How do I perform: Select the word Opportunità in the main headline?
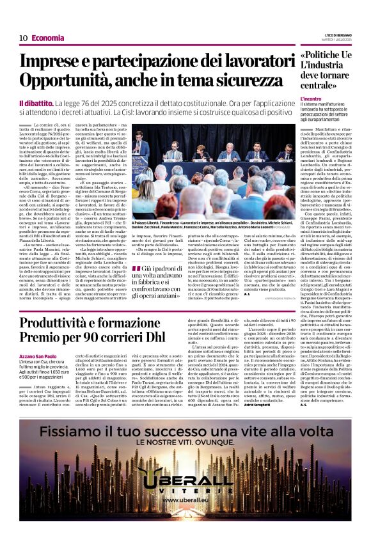[67, 81]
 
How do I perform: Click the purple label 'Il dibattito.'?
[35, 103]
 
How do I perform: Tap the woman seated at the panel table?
[201, 153]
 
